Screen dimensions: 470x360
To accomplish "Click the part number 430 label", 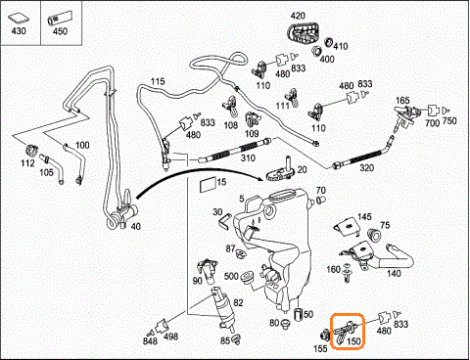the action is pyautogui.click(x=19, y=31).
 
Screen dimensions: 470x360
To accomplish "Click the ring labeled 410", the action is pyautogui.click(x=328, y=42).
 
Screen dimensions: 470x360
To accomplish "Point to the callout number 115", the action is pyautogui.click(x=158, y=81).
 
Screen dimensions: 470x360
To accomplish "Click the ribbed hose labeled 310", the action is pyautogui.click(x=235, y=151).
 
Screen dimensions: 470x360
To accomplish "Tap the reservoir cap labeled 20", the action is pyautogui.click(x=281, y=171).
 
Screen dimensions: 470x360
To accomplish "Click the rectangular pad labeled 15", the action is pyautogui.click(x=208, y=184).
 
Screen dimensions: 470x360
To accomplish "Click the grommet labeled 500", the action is pyautogui.click(x=247, y=277).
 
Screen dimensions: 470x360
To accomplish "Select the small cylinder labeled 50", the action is pyautogui.click(x=298, y=315).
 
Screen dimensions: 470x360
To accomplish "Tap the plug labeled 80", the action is pyautogui.click(x=286, y=324).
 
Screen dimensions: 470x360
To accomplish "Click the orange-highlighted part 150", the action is pyautogui.click(x=345, y=331).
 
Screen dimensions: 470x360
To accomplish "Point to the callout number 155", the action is pyautogui.click(x=320, y=348).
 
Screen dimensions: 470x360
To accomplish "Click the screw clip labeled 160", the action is pyautogui.click(x=348, y=272).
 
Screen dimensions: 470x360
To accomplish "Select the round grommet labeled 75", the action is pyautogui.click(x=374, y=235).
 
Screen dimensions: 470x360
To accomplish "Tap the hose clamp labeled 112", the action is pyautogui.click(x=32, y=150).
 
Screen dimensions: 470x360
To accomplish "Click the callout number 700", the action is pyautogui.click(x=433, y=123).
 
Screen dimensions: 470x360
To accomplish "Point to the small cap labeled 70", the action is pyautogui.click(x=321, y=200).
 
